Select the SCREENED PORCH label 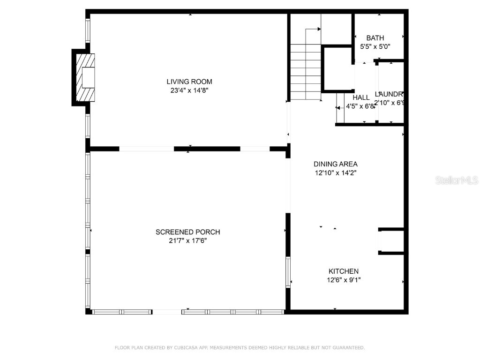(x=187, y=232)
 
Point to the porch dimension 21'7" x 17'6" (x=187, y=241)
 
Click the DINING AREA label (x=335, y=164)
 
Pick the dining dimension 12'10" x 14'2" (x=335, y=172)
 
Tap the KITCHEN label (x=343, y=271)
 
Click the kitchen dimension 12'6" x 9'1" (x=343, y=280)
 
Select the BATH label (x=375, y=38)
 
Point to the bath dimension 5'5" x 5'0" (x=375, y=46)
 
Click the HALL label (x=361, y=97)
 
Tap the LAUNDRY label (x=389, y=94)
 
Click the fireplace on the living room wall (x=86, y=77)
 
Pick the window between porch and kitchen (x=288, y=272)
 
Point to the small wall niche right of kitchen (x=392, y=241)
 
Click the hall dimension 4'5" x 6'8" (x=360, y=106)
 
